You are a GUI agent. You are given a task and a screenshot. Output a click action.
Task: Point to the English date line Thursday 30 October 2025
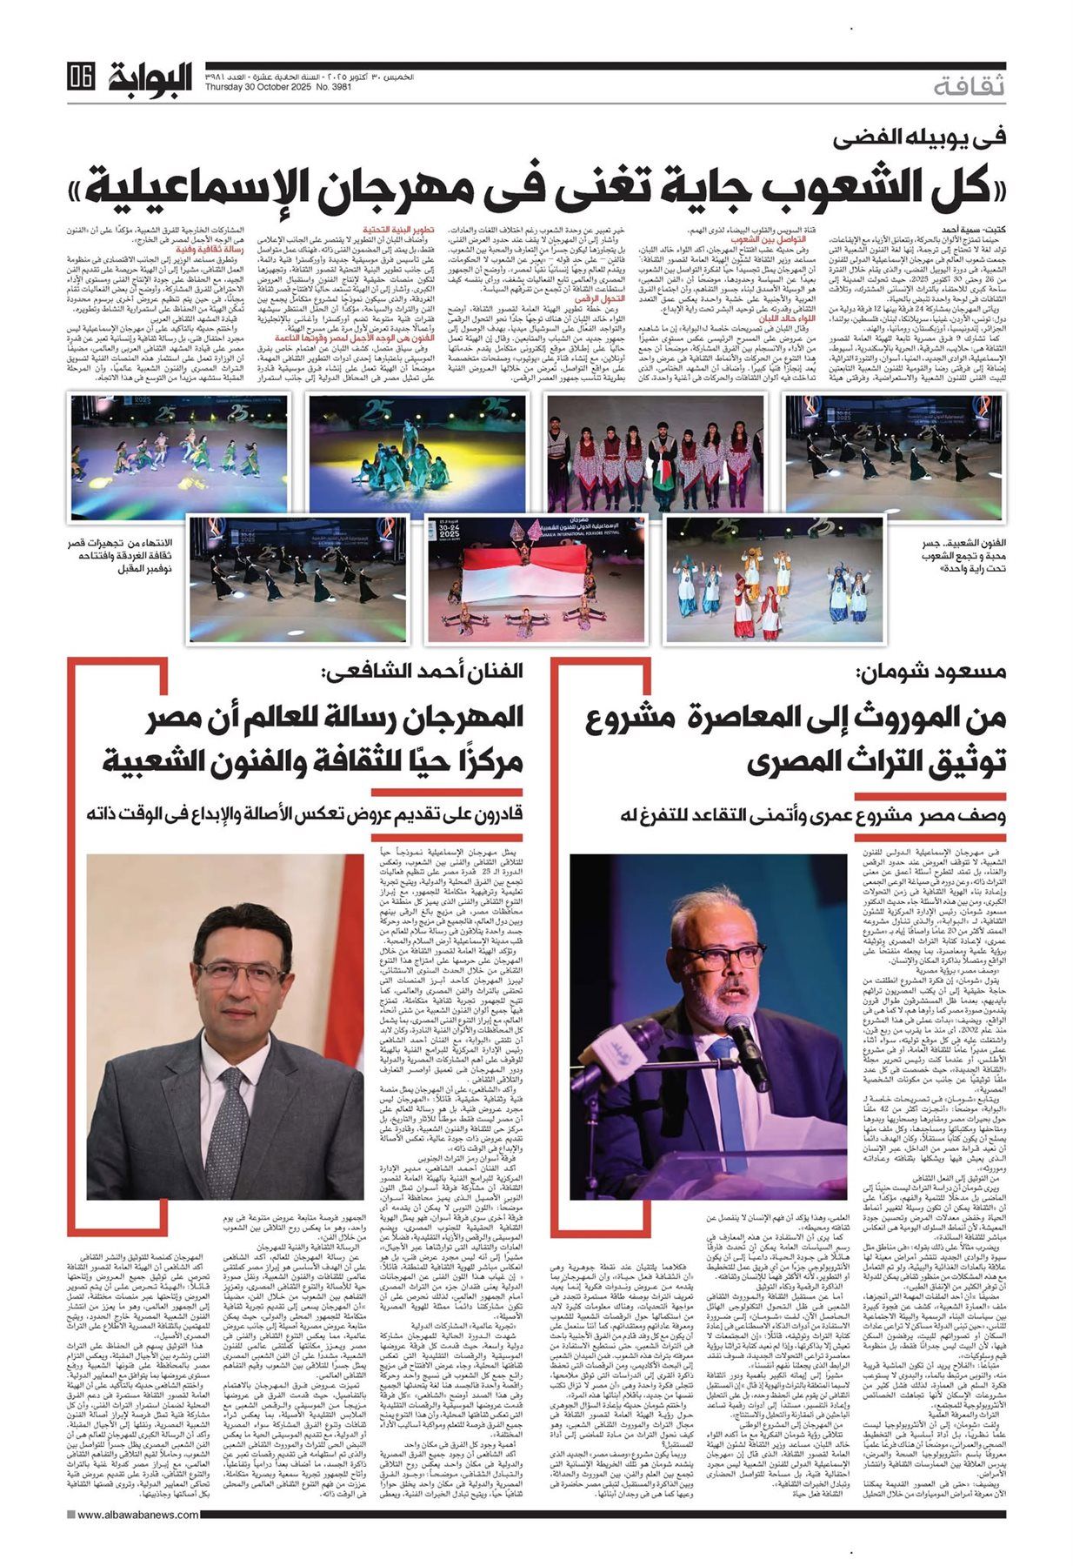point(260,84)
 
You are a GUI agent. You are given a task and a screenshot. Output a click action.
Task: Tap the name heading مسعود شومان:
point(932,672)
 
